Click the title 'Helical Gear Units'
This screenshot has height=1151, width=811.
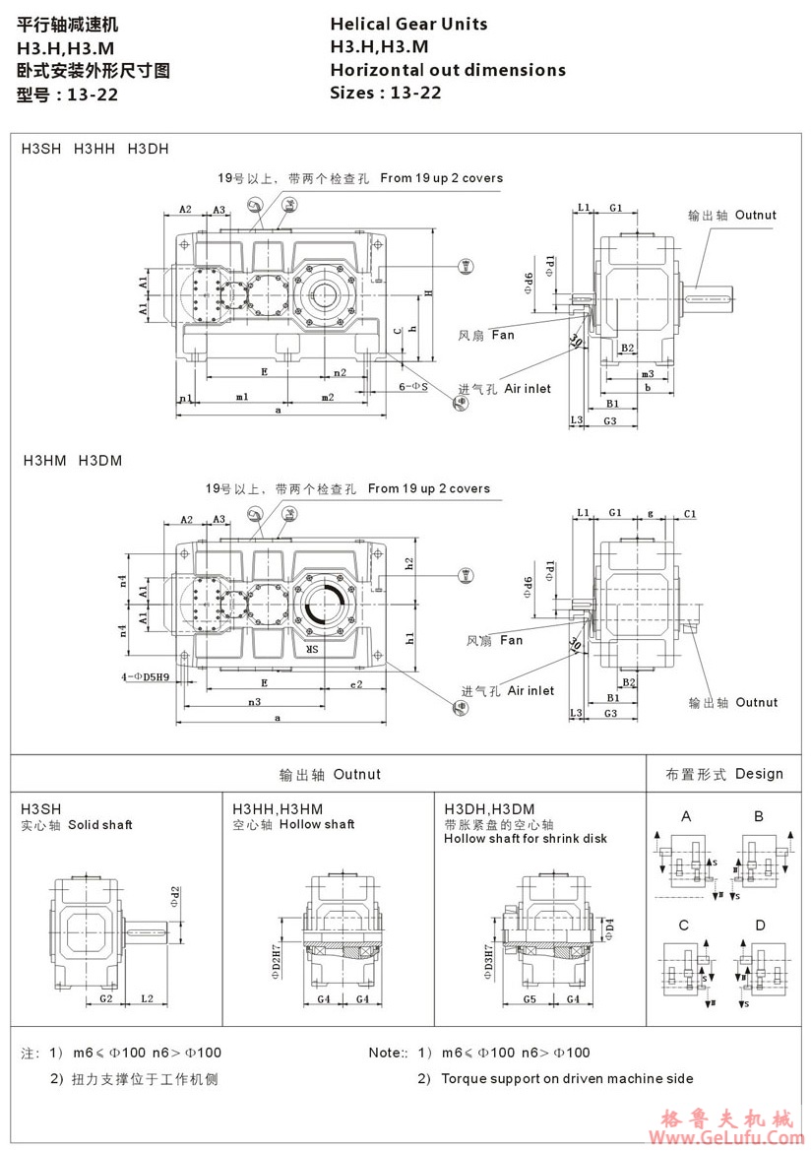coord(408,24)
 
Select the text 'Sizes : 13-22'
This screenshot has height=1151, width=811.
coord(386,94)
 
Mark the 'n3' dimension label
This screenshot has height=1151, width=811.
coord(254,702)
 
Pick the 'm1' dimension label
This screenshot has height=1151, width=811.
coord(241,397)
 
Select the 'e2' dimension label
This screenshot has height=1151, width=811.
coord(356,682)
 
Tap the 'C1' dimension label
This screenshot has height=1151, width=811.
coord(690,514)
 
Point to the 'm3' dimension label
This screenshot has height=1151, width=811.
coord(647,374)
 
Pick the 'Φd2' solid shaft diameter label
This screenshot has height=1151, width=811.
coord(175,894)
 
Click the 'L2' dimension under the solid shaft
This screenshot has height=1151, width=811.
coord(147,999)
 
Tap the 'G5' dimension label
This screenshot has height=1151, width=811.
coord(529,1000)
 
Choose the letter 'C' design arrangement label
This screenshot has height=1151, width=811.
coord(683,926)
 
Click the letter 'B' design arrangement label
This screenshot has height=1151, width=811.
coord(759,816)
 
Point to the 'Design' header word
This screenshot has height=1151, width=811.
coord(759,774)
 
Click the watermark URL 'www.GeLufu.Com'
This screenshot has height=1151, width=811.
coord(731,1137)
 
